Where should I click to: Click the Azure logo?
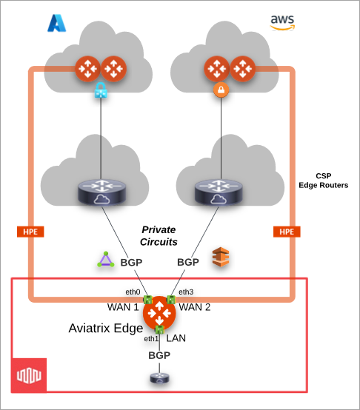[58, 22]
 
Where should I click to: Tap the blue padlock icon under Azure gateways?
[100, 92]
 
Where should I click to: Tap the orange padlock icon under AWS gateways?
[219, 91]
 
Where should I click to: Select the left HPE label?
[30, 232]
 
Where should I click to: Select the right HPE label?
[287, 232]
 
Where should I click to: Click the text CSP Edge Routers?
[323, 181]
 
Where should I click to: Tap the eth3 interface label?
[186, 291]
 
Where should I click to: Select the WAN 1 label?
[124, 306]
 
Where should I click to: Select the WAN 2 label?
[194, 306]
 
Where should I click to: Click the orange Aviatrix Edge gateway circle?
[159, 317]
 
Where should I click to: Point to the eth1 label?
[150, 338]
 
